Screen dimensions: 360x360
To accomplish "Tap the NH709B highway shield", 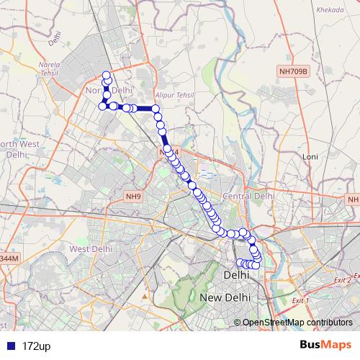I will coord(294,71).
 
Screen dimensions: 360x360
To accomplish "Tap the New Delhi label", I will coord(225,297).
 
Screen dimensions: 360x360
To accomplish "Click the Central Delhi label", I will coord(249,196).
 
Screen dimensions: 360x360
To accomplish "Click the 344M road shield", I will coord(9,258).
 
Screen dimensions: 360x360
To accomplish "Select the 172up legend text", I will coord(36,346).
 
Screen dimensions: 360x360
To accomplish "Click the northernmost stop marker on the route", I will coord(107,76).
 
